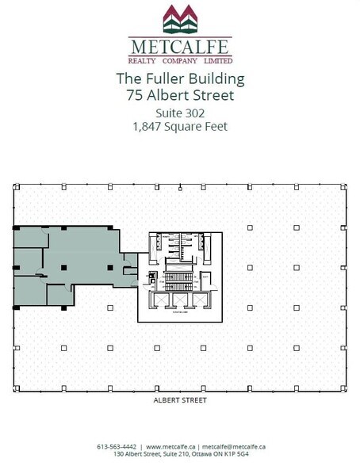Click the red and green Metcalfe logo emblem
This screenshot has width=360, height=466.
[179, 17]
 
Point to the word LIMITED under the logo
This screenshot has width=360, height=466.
[217, 59]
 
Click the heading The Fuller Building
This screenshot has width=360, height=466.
[179, 80]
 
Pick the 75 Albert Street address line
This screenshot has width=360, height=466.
[179, 97]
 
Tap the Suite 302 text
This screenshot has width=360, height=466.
[179, 113]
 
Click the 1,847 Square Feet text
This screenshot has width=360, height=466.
[179, 127]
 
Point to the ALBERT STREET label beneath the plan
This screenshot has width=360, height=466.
[179, 401]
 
